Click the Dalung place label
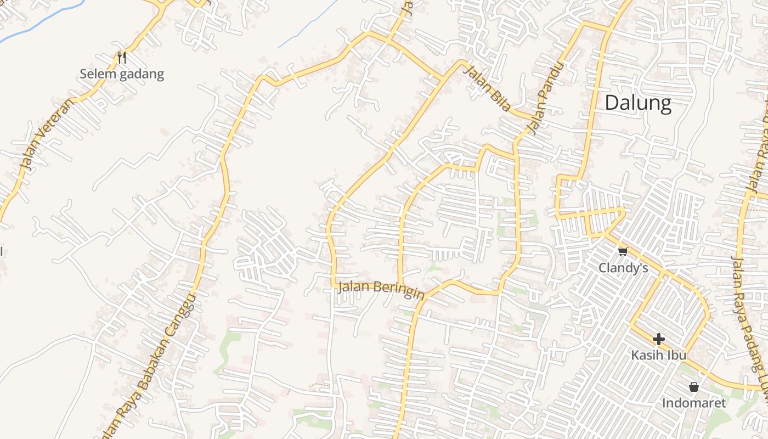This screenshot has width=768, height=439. [x=638, y=103]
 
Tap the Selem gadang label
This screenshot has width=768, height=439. [x=122, y=74]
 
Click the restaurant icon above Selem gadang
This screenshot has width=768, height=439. [x=122, y=57]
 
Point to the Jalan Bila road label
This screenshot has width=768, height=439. [x=487, y=88]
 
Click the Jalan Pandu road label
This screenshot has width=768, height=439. [x=546, y=99]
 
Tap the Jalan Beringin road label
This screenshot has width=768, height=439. [x=381, y=289]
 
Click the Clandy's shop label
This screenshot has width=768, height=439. [x=623, y=268]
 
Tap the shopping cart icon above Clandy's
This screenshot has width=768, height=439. [x=623, y=251]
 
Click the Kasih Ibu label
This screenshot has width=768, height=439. [x=658, y=355]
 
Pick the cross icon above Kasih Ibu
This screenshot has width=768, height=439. [x=659, y=339]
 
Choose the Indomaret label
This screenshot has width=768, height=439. [x=693, y=403]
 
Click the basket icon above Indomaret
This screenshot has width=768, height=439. [x=694, y=387]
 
